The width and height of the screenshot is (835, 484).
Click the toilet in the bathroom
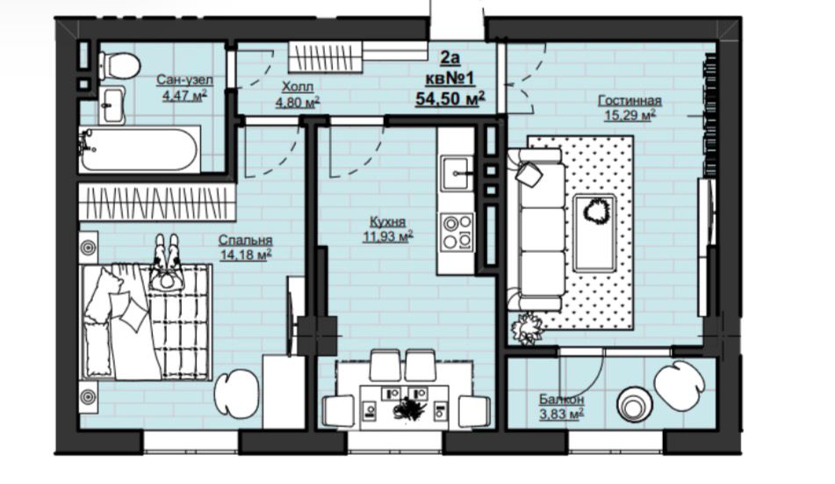point(119,66)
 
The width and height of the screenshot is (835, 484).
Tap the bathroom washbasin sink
point(112,105)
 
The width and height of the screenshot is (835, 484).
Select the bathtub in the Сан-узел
point(140,149)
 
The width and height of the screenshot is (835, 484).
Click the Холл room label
point(298,86)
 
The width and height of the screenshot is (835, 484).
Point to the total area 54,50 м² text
point(450,98)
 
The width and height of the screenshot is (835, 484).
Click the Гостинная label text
point(630,101)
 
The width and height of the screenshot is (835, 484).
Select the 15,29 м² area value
point(630,114)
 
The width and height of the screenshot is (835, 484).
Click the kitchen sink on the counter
point(457,172)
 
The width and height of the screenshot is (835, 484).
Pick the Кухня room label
point(388,221)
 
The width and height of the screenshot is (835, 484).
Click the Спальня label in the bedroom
point(246,241)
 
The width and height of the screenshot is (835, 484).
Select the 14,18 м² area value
point(246,255)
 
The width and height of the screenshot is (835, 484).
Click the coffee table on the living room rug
point(594,233)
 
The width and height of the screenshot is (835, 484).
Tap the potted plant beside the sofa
point(527,327)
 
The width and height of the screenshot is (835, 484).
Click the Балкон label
point(561,400)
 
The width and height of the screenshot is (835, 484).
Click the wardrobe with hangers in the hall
point(326,57)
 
